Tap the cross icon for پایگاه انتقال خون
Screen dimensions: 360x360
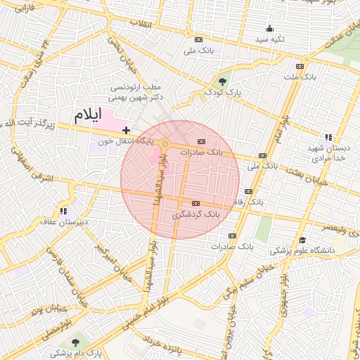pyautogui.click(x=126, y=130)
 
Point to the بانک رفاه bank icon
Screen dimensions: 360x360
pyautogui.click(x=247, y=191)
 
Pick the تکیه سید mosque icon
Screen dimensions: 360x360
pyautogui.click(x=269, y=29)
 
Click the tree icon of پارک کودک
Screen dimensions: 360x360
pyautogui.click(x=224, y=81)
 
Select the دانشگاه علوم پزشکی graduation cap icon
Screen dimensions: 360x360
pyautogui.click(x=302, y=240)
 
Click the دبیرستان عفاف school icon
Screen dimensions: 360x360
pyautogui.click(x=63, y=210)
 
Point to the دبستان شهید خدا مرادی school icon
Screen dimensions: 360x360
pyautogui.click(x=328, y=137)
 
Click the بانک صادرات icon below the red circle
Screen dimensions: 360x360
pyautogui.click(x=232, y=236)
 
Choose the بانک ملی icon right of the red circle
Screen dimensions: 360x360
pyautogui.click(x=262, y=155)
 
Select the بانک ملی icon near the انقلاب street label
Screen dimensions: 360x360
pyautogui.click(x=198, y=40)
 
